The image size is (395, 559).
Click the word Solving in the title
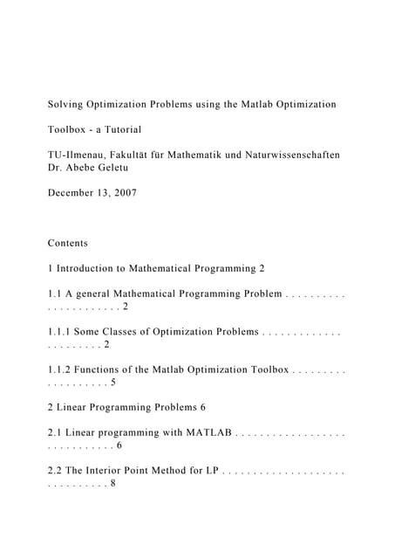coord(66,105)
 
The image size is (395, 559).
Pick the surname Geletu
coord(137,167)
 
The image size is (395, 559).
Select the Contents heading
coord(68,243)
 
